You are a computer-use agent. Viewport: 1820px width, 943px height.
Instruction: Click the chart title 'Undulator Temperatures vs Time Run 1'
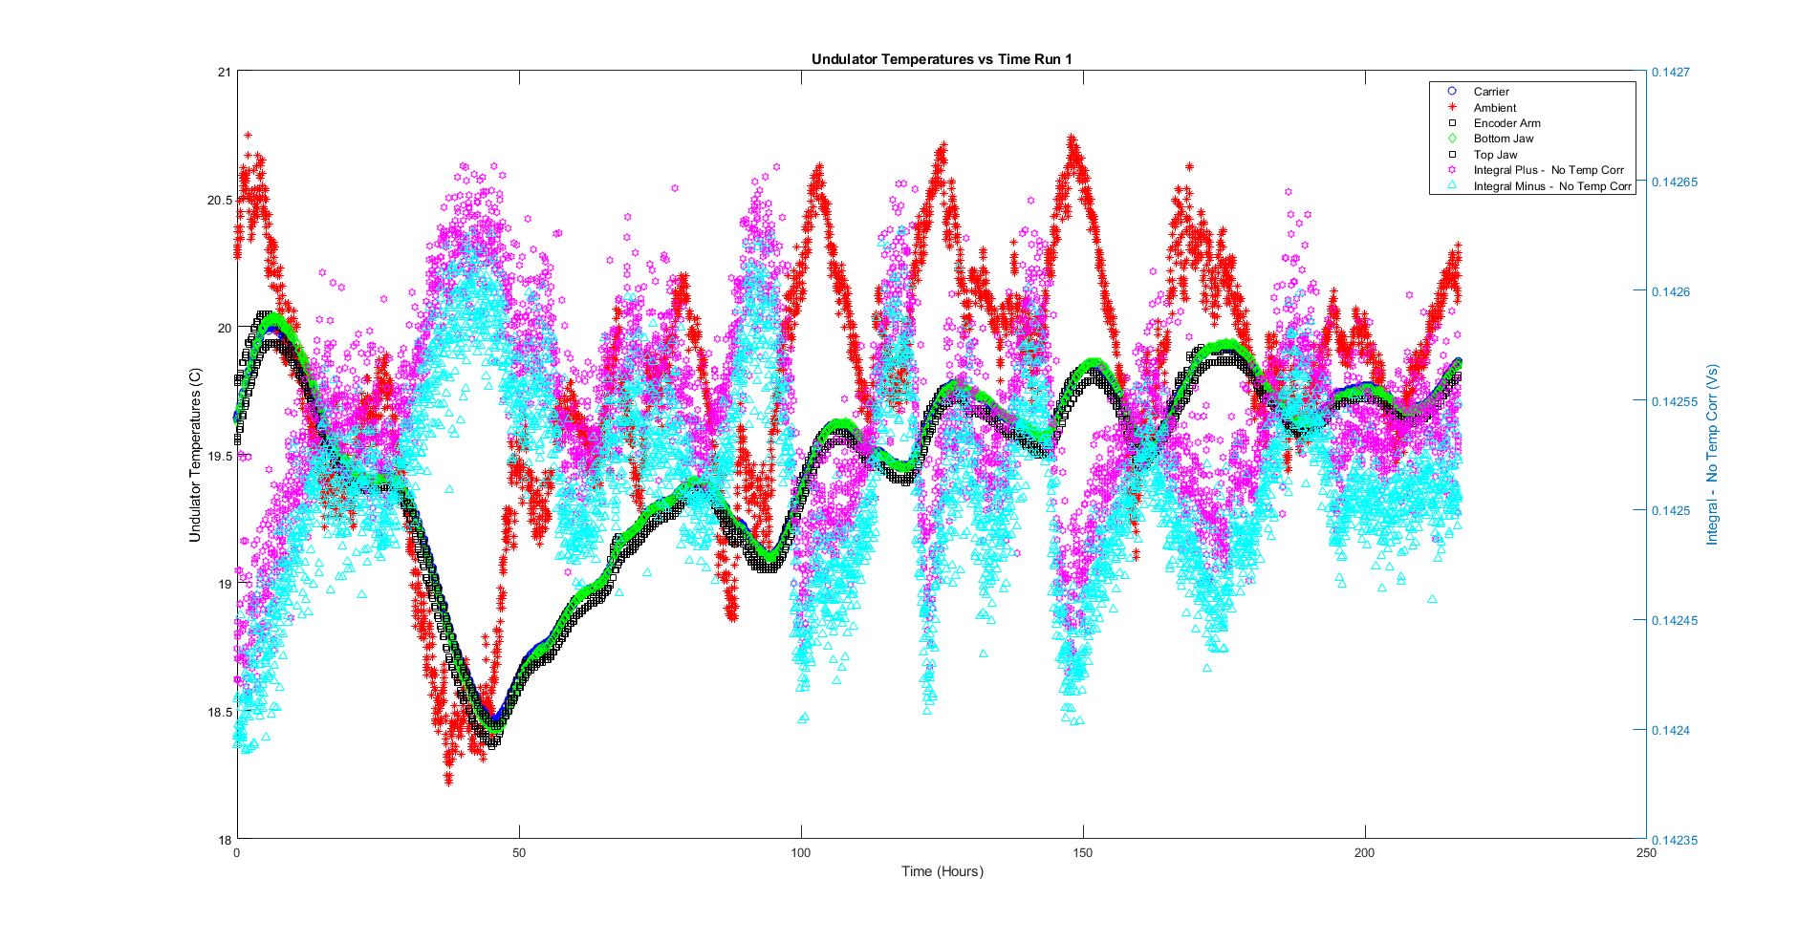point(942,59)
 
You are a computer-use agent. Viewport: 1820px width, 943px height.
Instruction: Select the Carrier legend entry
point(1490,92)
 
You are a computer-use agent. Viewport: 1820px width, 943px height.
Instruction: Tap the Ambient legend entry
point(1494,108)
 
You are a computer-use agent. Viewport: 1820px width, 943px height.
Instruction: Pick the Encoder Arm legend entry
point(1506,123)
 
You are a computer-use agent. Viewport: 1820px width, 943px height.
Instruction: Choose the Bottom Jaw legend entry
point(1503,139)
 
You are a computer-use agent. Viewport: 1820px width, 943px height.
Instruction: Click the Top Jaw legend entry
point(1495,155)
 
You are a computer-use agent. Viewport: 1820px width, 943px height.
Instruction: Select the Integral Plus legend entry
point(1548,170)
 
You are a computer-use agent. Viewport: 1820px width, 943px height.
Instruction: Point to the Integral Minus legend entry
point(1551,186)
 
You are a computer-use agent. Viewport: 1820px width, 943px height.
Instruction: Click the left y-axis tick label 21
point(224,72)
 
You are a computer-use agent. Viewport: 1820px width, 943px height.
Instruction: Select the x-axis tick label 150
point(1082,853)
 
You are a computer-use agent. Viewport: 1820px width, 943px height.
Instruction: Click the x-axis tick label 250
point(1646,853)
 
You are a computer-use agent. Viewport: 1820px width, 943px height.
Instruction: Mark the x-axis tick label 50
point(519,853)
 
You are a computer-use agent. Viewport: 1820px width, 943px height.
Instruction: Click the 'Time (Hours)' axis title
point(942,871)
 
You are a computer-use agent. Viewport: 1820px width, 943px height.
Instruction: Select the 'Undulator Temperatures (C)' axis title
point(195,455)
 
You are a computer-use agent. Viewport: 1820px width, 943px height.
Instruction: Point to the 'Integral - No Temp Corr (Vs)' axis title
point(1712,455)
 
